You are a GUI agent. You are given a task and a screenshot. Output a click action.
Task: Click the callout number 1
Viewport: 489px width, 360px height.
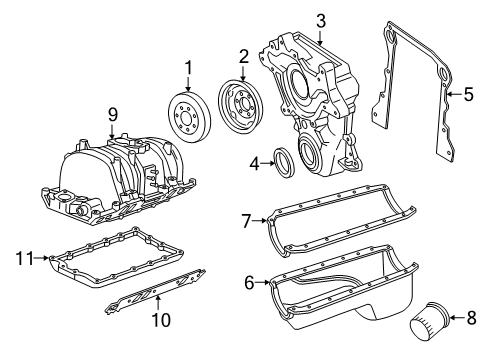pos(186,68)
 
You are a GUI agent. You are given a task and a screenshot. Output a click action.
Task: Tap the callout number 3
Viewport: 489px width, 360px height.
pos(320,19)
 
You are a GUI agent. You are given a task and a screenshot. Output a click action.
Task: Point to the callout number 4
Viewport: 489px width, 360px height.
pos(256,162)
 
